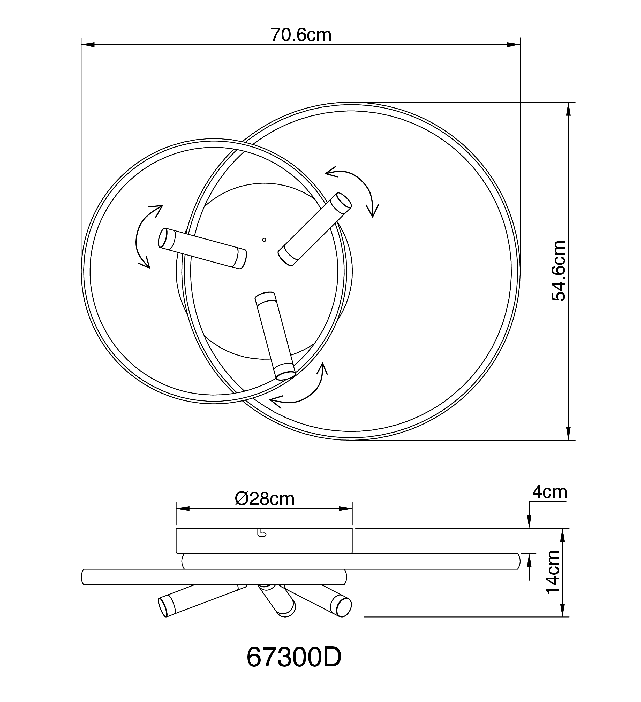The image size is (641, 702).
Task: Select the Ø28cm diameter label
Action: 265,499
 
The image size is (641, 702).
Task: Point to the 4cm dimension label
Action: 550,492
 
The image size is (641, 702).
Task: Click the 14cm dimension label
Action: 553,577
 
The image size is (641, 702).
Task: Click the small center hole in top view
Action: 264,240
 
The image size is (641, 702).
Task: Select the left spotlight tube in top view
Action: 202,248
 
